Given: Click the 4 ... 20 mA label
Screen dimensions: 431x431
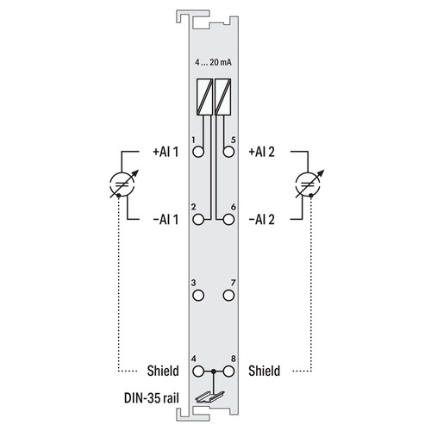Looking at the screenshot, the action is pos(213,62).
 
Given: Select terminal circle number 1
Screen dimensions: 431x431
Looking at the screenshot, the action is pos(198,152).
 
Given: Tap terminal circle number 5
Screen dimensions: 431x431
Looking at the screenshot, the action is pos(228,152).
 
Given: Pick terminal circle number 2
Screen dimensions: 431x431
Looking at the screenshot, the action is pos(198,220).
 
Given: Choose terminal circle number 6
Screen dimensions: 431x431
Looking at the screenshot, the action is pos(228,220).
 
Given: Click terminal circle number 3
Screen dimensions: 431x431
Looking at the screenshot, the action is pos(198,296).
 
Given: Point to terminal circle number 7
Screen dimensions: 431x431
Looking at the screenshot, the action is pos(228,296).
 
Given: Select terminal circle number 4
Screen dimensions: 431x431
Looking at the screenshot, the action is pos(198,372).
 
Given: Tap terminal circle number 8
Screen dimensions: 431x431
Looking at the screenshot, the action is pos(228,372).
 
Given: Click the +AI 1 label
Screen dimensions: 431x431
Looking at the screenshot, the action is pos(166,152).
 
